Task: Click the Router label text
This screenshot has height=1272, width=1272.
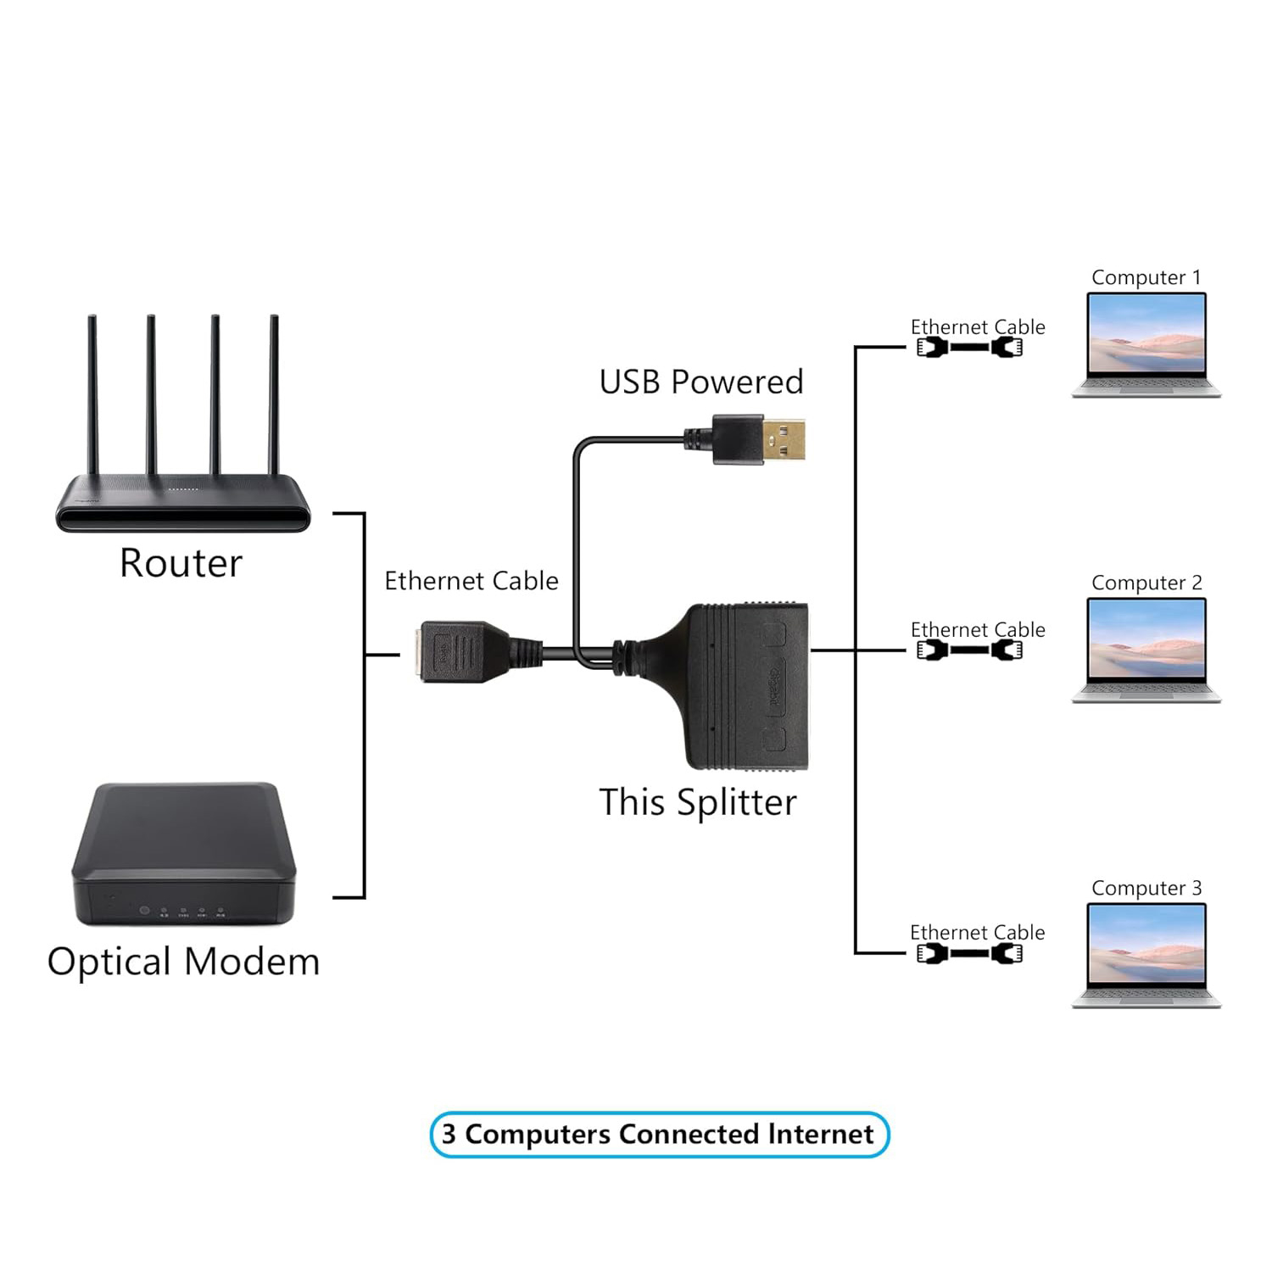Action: coord(181,563)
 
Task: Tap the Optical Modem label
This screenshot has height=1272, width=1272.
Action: coord(183,962)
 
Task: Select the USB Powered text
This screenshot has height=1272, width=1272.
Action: coord(700,382)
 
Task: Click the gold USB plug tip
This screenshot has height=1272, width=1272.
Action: coord(784,439)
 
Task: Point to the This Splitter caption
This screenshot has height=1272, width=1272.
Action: coord(697,802)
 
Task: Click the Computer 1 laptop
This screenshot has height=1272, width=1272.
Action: coord(1146,344)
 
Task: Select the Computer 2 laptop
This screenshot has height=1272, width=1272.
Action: coord(1146,650)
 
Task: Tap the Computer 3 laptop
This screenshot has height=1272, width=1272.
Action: coord(1146,955)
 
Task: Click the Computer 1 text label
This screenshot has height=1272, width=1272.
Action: coord(1146,278)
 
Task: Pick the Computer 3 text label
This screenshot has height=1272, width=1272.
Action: coord(1146,889)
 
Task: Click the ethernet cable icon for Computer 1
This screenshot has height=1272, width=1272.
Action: coord(969,347)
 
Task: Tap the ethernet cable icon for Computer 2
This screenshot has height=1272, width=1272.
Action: coord(969,650)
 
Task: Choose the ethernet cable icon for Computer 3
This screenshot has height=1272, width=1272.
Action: coord(969,953)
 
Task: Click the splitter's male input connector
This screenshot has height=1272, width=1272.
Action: coord(454,651)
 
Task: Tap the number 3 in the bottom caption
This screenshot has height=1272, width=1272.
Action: coord(449,1135)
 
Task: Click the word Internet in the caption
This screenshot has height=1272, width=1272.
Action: coord(820,1135)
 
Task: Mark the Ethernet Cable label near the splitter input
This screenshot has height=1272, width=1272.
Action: coord(471,582)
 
